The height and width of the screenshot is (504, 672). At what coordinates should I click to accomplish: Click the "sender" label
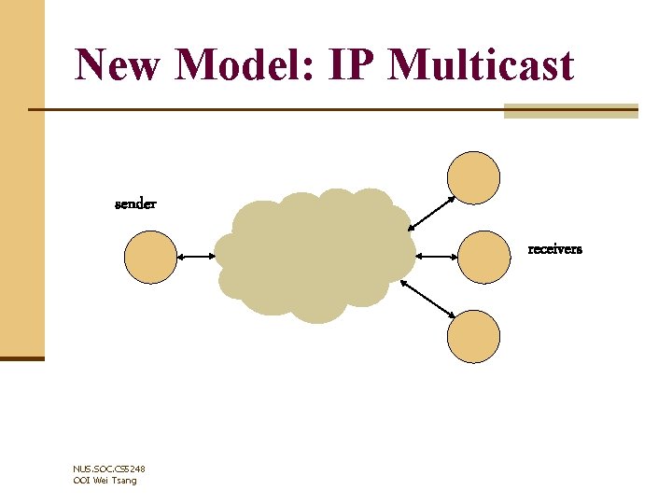click(x=135, y=203)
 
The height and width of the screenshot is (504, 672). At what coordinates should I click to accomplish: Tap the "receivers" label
click(x=554, y=249)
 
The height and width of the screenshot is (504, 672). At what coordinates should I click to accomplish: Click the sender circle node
click(x=150, y=257)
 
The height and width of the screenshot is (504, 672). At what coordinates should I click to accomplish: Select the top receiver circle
click(x=474, y=177)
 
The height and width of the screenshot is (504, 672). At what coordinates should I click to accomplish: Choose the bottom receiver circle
click(x=474, y=336)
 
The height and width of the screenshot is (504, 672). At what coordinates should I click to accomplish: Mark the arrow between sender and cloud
click(x=195, y=257)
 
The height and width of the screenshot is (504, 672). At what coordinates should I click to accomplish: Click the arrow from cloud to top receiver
click(x=432, y=212)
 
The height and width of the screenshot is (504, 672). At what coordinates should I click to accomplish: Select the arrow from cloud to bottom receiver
click(x=432, y=299)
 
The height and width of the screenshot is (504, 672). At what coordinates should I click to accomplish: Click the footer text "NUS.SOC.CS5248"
click(x=108, y=469)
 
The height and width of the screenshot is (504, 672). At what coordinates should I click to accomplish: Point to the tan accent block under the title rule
click(x=570, y=111)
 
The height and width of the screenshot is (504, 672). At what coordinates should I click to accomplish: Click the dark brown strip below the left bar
click(x=21, y=357)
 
